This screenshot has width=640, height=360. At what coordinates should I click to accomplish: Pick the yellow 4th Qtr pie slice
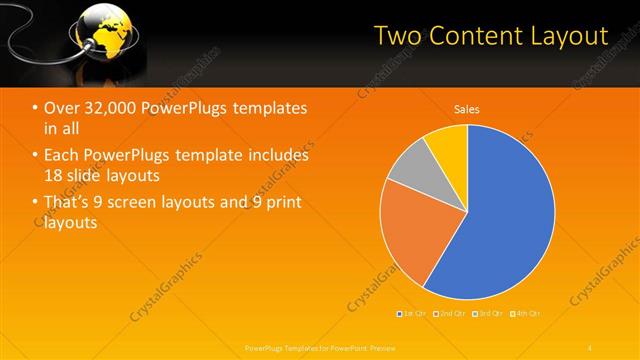tap(448, 150)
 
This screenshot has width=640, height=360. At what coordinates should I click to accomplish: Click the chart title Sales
tap(467, 108)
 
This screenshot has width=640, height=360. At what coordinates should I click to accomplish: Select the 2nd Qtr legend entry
tap(451, 314)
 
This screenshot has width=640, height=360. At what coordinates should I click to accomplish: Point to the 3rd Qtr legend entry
tap(489, 314)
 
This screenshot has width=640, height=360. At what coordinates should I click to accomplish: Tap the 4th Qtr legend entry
tap(527, 314)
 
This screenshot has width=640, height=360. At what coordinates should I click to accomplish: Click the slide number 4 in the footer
tap(589, 346)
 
